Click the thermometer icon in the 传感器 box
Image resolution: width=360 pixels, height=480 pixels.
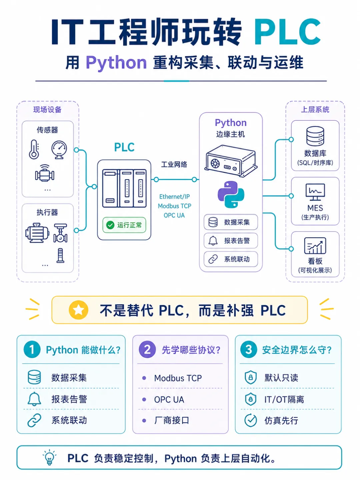tap(34, 150)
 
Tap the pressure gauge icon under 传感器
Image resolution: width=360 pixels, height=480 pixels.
tap(59, 150)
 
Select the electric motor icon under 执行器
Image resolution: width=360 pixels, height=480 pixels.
tap(37, 233)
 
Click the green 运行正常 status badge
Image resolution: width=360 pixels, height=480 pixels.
tap(124, 225)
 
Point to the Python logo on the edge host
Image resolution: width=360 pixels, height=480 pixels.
tap(231, 194)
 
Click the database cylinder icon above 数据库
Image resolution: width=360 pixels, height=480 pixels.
tap(315, 136)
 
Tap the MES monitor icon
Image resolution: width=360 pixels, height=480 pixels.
tap(315, 192)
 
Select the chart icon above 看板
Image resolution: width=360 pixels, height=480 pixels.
tap(315, 246)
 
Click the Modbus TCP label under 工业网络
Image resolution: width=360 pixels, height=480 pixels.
tap(174, 206)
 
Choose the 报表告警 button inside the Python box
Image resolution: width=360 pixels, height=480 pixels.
tap(231, 241)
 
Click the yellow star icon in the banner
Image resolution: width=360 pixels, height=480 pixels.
tap(78, 310)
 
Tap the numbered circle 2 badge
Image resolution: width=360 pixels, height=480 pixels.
tap(147, 349)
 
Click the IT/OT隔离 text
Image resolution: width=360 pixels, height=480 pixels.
tap(284, 400)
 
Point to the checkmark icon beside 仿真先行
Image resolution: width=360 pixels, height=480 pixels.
tap(250, 420)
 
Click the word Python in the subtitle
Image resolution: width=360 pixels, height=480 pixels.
tap(116, 63)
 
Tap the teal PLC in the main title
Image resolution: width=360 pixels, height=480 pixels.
tap(287, 32)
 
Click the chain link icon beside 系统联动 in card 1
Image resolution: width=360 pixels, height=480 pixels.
tap(34, 420)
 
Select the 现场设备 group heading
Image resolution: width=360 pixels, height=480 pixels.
tap(47, 110)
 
